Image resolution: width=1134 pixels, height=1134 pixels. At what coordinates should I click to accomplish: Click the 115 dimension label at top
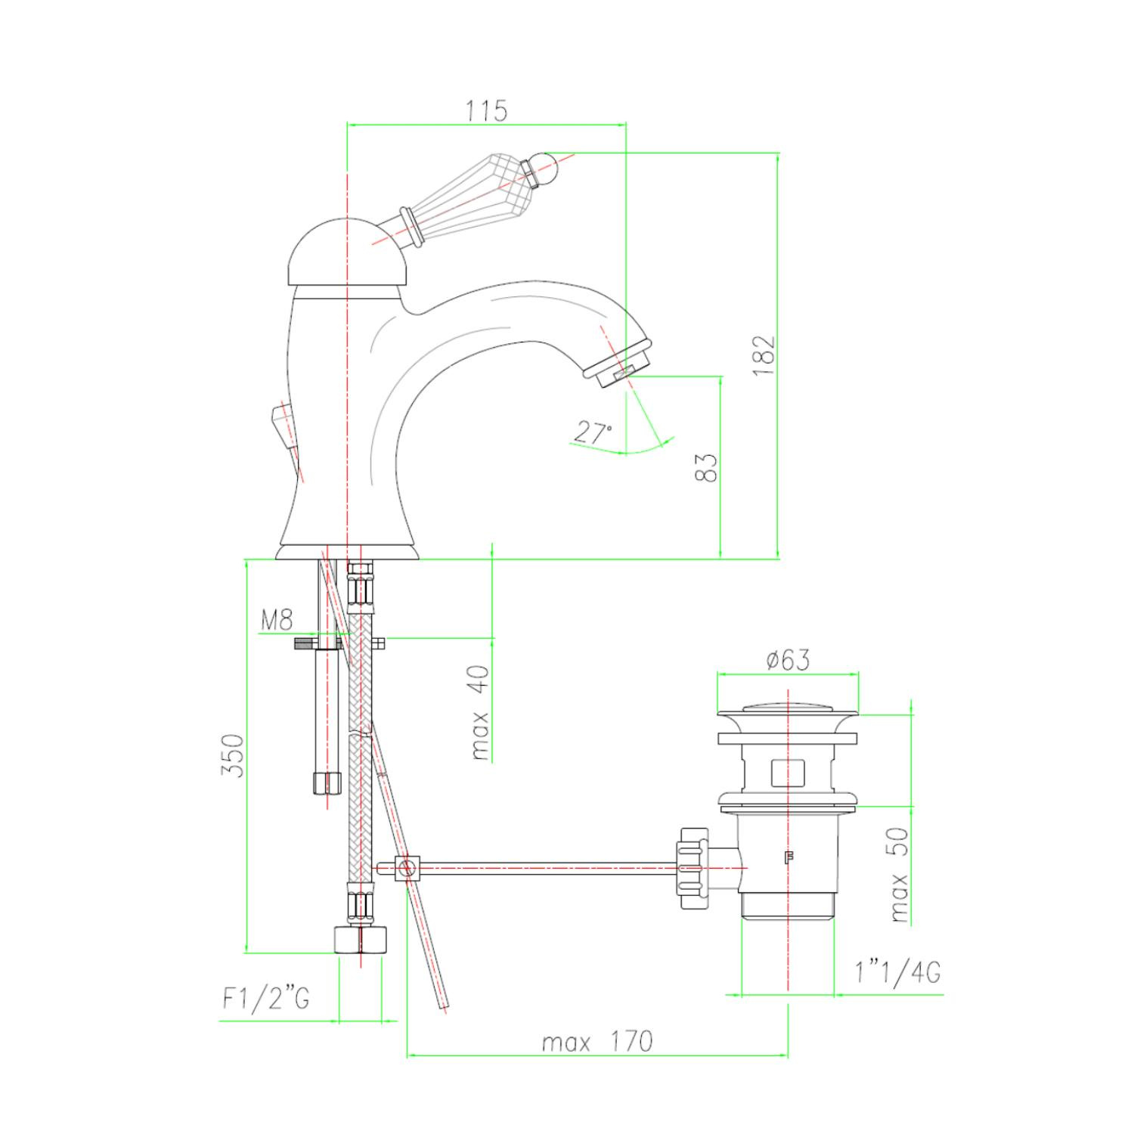coord(486,110)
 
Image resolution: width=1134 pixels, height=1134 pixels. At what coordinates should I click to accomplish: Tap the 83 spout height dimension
coord(705,467)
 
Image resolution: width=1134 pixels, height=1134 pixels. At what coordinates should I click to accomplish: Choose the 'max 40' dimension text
coord(480,713)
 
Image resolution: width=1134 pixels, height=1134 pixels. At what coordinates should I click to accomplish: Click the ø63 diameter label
coord(788,659)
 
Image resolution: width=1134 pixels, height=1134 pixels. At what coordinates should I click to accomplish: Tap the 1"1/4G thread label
coord(898,972)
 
